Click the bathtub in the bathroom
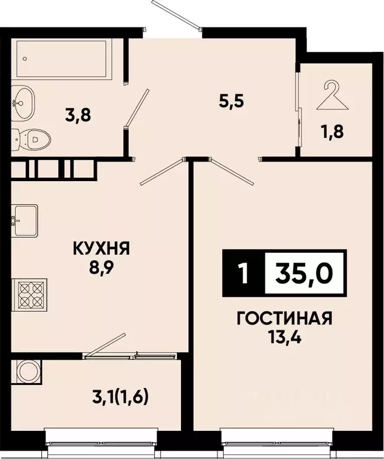[x=63, y=59]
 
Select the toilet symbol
[x=31, y=140]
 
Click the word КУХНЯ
[x=101, y=248]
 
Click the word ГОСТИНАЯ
[x=284, y=318]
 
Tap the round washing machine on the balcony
[x=27, y=372]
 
